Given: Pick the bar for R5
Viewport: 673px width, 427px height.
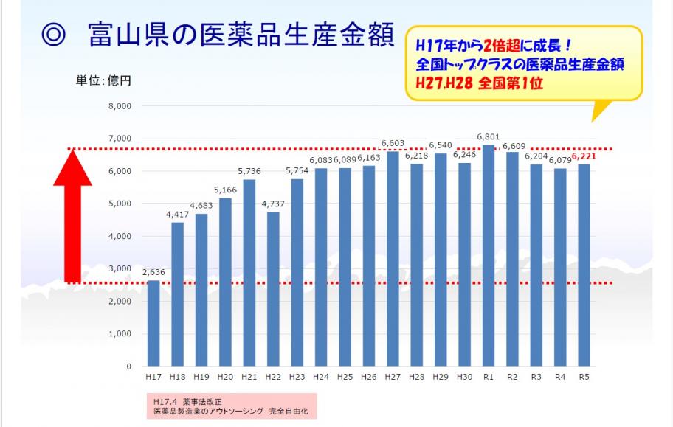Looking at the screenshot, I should [x=584, y=265].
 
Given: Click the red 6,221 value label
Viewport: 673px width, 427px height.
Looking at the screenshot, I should [x=584, y=156].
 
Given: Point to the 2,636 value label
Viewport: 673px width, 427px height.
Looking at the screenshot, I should [x=153, y=272].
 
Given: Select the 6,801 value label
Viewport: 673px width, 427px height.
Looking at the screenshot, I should [x=488, y=137].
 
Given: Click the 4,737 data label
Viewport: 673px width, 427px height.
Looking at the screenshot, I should [x=273, y=204].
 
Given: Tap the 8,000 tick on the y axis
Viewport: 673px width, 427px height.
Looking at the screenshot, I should [x=119, y=106].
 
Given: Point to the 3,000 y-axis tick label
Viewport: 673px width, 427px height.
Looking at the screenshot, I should [x=119, y=268].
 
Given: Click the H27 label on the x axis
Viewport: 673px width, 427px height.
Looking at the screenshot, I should [x=393, y=377].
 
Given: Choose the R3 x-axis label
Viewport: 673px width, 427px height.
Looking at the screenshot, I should [x=536, y=377].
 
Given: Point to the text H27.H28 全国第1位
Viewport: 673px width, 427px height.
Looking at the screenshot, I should [x=479, y=83].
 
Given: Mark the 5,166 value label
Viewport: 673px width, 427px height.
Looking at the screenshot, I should [x=225, y=190].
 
